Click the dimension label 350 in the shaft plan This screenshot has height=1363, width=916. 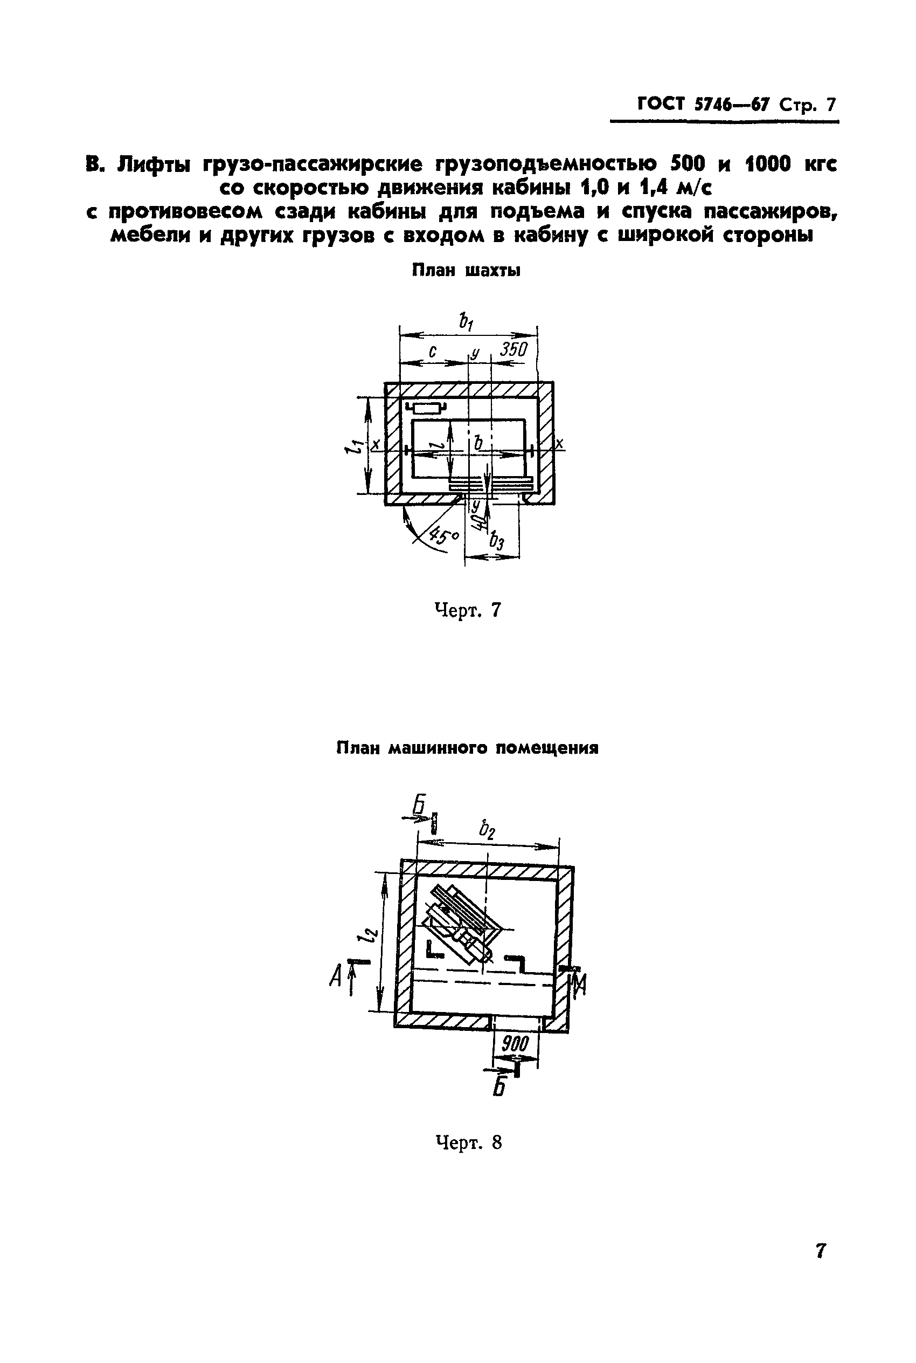click(x=514, y=349)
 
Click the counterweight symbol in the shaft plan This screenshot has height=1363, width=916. click(x=429, y=408)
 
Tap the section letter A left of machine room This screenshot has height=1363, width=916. click(x=335, y=975)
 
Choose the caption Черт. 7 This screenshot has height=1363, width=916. click(x=468, y=610)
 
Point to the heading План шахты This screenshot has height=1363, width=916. click(x=466, y=271)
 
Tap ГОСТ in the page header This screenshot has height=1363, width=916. click(x=661, y=104)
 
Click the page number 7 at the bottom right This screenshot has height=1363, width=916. click(x=821, y=1250)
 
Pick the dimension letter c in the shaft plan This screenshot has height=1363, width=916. click(x=433, y=352)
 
